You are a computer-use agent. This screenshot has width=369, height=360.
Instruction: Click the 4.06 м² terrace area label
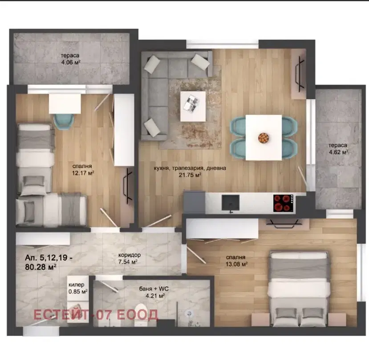[70, 59]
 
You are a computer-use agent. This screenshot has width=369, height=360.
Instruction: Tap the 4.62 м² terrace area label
[338, 149]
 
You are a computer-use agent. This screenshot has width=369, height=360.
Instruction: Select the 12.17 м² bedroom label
[83, 170]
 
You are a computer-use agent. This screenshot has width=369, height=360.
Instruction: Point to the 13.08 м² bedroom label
[236, 261]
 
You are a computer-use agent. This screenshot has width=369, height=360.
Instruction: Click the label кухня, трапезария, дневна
[190, 168]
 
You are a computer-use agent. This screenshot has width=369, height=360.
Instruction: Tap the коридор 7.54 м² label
[130, 258]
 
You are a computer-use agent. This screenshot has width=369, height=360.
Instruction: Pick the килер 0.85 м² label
[78, 288]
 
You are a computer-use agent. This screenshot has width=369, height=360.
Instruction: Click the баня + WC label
[154, 289]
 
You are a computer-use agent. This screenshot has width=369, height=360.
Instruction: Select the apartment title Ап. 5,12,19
[49, 258]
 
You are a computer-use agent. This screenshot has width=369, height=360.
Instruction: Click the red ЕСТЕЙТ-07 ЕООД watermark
[96, 315]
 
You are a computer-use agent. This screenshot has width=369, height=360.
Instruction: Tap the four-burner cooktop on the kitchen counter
[283, 203]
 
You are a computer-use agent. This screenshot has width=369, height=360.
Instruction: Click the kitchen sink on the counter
[231, 203]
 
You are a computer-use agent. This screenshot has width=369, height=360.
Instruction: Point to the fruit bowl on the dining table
[264, 138]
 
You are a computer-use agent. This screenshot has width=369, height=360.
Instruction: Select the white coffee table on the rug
[193, 106]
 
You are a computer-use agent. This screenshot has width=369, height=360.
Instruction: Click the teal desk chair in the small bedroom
[64, 121]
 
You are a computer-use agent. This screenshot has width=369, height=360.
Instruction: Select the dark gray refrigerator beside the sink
[195, 202]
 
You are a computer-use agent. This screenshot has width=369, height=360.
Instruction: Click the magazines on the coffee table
[191, 103]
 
